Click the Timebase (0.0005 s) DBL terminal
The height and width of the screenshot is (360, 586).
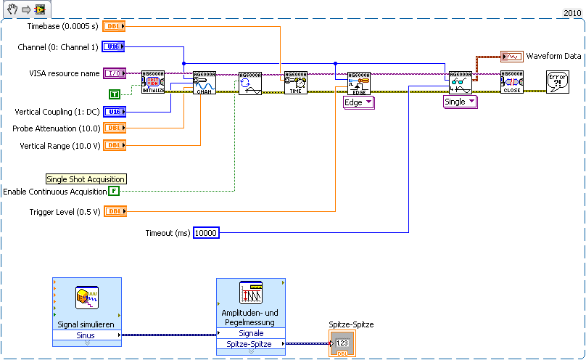(115, 26)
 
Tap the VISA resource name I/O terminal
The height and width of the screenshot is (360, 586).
(115, 73)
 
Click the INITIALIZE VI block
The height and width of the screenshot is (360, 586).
(153, 83)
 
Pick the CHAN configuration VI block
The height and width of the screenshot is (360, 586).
(204, 83)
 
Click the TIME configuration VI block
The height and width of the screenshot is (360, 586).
(295, 83)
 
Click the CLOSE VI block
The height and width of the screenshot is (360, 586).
(511, 83)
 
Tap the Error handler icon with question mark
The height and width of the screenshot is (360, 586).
(557, 82)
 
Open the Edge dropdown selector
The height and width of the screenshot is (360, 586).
(358, 102)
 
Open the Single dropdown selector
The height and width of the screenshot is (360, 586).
(461, 102)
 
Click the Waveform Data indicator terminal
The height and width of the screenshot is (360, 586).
(512, 56)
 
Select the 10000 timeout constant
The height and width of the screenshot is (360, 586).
(206, 232)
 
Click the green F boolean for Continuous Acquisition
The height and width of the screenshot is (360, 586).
(114, 191)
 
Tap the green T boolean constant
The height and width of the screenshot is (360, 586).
(115, 94)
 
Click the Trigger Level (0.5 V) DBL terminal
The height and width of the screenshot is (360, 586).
(115, 211)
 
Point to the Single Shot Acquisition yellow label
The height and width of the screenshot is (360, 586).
(86, 179)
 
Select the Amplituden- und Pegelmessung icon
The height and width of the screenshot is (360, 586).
(250, 293)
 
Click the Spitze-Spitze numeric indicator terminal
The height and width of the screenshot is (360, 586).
(342, 344)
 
